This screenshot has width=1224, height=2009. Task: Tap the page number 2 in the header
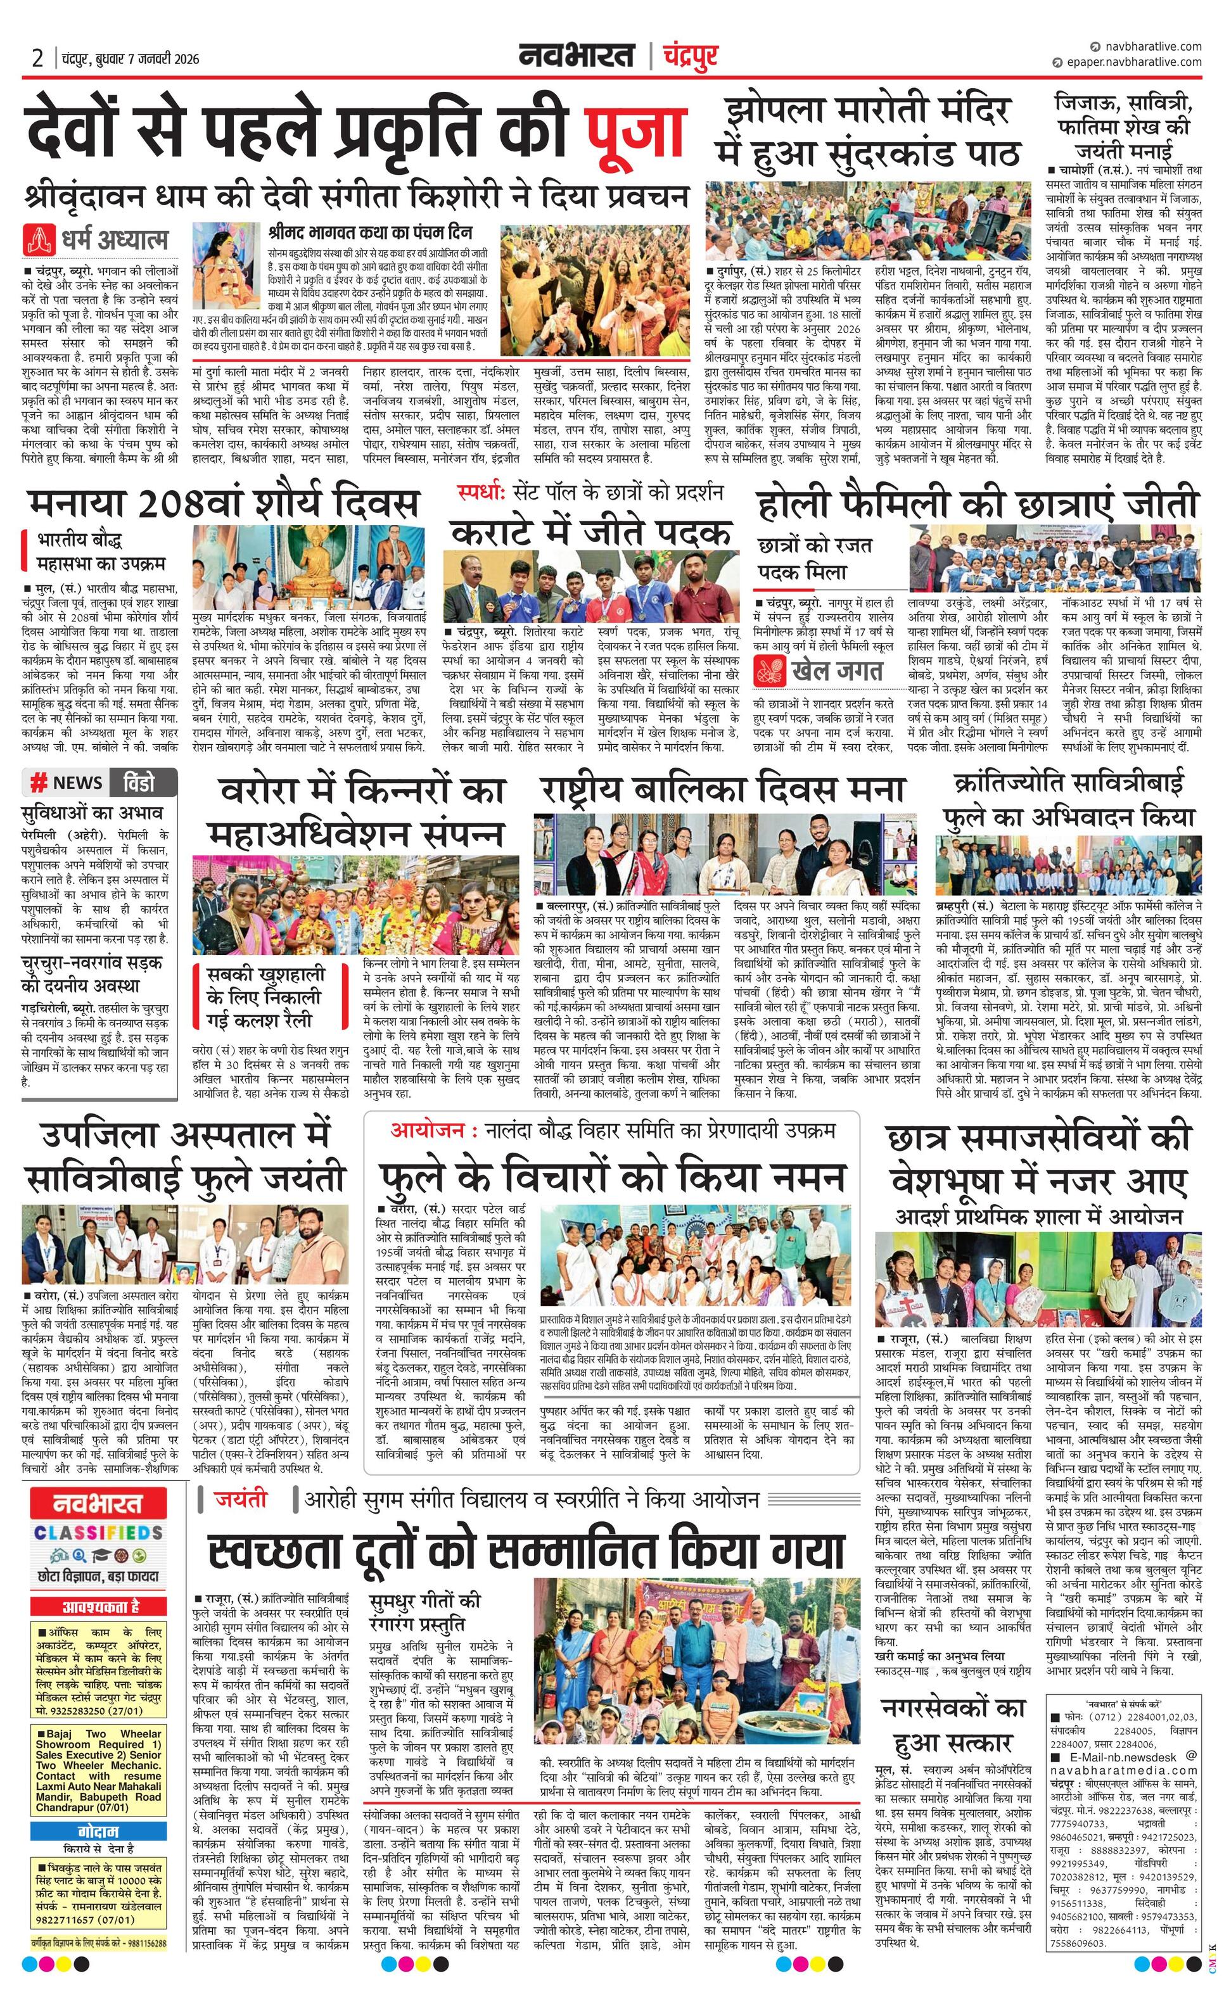[x=37, y=58]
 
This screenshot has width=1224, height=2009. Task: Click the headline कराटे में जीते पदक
[x=591, y=533]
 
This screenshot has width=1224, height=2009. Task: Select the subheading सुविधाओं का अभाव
[x=93, y=812]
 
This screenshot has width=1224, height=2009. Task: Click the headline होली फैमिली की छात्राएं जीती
[x=977, y=505]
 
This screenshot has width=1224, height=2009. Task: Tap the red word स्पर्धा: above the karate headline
[x=481, y=493]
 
